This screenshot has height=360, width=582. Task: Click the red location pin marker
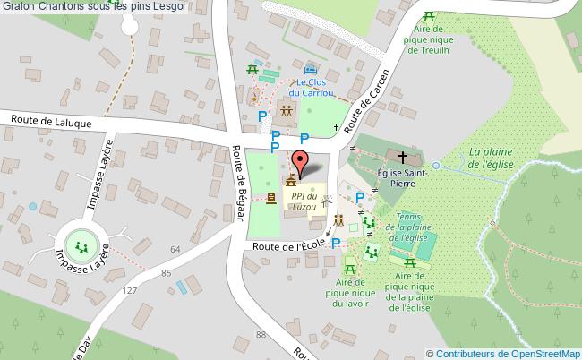tap(301, 161)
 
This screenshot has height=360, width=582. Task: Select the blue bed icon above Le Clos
tap(311, 69)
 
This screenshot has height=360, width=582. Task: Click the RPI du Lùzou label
tap(304, 202)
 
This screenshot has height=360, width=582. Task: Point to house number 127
tap(130, 291)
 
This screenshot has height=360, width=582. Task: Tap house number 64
tap(175, 249)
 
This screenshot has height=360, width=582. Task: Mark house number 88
tap(261, 334)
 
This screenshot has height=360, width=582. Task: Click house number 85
tap(166, 272)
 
